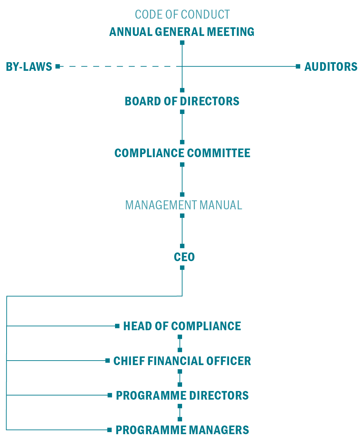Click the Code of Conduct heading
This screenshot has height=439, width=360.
point(182,15)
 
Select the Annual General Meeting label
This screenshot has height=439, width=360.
point(182,32)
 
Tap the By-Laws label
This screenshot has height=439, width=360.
point(29,67)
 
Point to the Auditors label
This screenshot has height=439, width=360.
point(331,67)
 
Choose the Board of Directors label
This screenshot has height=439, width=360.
point(182,101)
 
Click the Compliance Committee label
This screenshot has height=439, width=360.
point(182,153)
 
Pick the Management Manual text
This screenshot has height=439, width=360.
point(184,205)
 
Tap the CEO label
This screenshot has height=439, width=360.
point(184,257)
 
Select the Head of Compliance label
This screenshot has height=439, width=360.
point(182,326)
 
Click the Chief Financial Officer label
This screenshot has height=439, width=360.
point(182,361)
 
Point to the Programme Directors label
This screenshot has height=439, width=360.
point(182,395)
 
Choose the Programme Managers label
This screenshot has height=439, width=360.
point(182,430)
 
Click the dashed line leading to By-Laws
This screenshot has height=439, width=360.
point(120,66)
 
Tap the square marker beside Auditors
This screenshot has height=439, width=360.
point(298,66)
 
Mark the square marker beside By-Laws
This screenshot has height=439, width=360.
point(58,66)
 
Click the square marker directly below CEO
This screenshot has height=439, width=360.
point(182,268)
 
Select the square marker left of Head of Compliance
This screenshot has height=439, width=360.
point(117,326)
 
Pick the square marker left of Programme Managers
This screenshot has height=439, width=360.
point(109,430)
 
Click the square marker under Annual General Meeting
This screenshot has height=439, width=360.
point(182,43)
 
